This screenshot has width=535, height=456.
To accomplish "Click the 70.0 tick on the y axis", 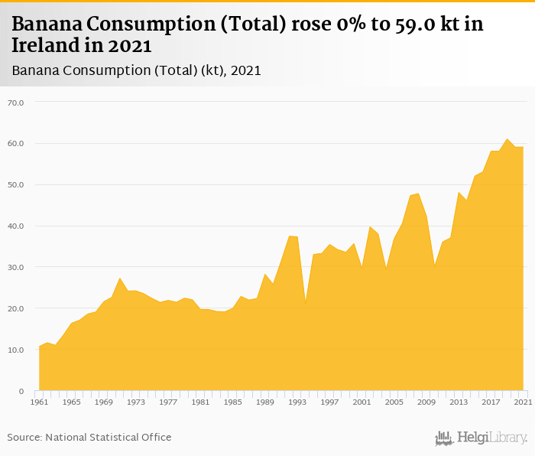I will [x=15, y=103].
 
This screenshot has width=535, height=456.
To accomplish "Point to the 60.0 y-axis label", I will [x=15, y=144].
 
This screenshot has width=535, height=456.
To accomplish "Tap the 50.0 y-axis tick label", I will [x=15, y=185].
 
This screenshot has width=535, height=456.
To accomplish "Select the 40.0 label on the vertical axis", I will [x=15, y=226].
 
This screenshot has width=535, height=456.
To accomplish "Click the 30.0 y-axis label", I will [x=15, y=268].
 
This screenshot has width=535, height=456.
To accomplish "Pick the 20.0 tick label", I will [x=15, y=309].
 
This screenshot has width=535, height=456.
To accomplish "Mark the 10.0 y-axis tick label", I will [x=15, y=350].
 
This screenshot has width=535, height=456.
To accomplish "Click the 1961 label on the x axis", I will [x=39, y=402].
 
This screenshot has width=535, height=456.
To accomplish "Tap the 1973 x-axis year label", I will [x=136, y=402].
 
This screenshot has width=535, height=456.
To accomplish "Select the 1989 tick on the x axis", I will [x=265, y=402].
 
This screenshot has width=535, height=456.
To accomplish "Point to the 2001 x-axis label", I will [x=362, y=402].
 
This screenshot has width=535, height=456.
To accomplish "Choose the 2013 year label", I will [x=459, y=402].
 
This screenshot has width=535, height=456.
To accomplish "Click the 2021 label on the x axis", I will [x=523, y=402].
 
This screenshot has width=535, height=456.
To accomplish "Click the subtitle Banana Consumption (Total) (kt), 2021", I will [x=137, y=70].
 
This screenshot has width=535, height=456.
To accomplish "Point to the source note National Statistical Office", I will [x=89, y=438].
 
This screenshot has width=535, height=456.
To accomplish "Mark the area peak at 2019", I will [x=507, y=140].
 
